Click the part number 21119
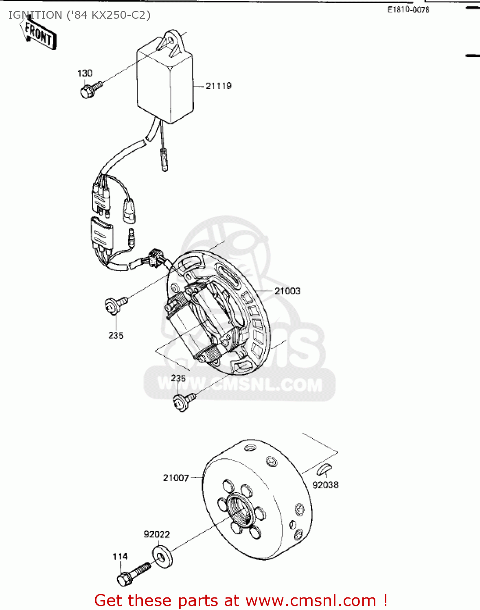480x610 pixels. [219, 86]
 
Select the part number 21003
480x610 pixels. [287, 291]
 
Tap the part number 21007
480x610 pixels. [176, 478]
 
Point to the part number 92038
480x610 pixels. [325, 485]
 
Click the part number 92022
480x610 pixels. [157, 534]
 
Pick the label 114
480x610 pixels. [120, 556]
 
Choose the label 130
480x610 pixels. [85, 73]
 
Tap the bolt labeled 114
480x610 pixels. [132, 573]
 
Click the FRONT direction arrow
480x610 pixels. [38, 34]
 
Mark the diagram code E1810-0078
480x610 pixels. [408, 10]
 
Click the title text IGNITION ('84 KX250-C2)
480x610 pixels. [79, 15]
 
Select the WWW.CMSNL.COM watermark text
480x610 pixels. [240, 384]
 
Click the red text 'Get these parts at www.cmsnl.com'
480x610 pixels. [240, 600]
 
